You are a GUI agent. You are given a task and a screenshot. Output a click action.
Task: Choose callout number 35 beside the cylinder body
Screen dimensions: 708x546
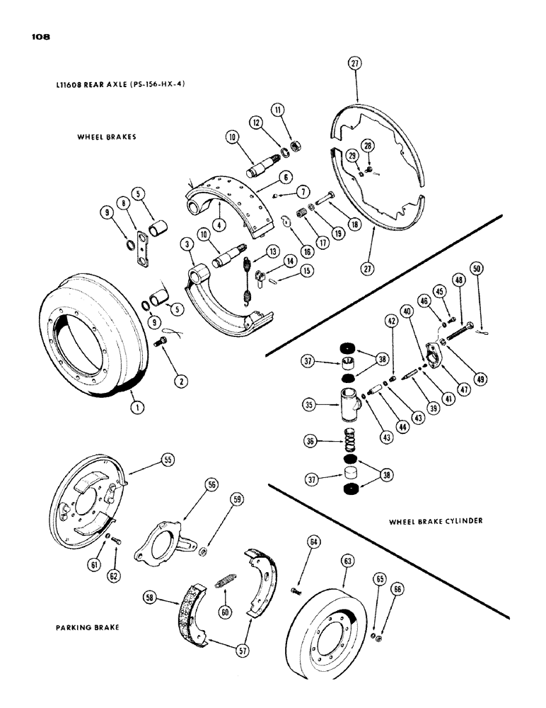(x=308, y=406)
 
